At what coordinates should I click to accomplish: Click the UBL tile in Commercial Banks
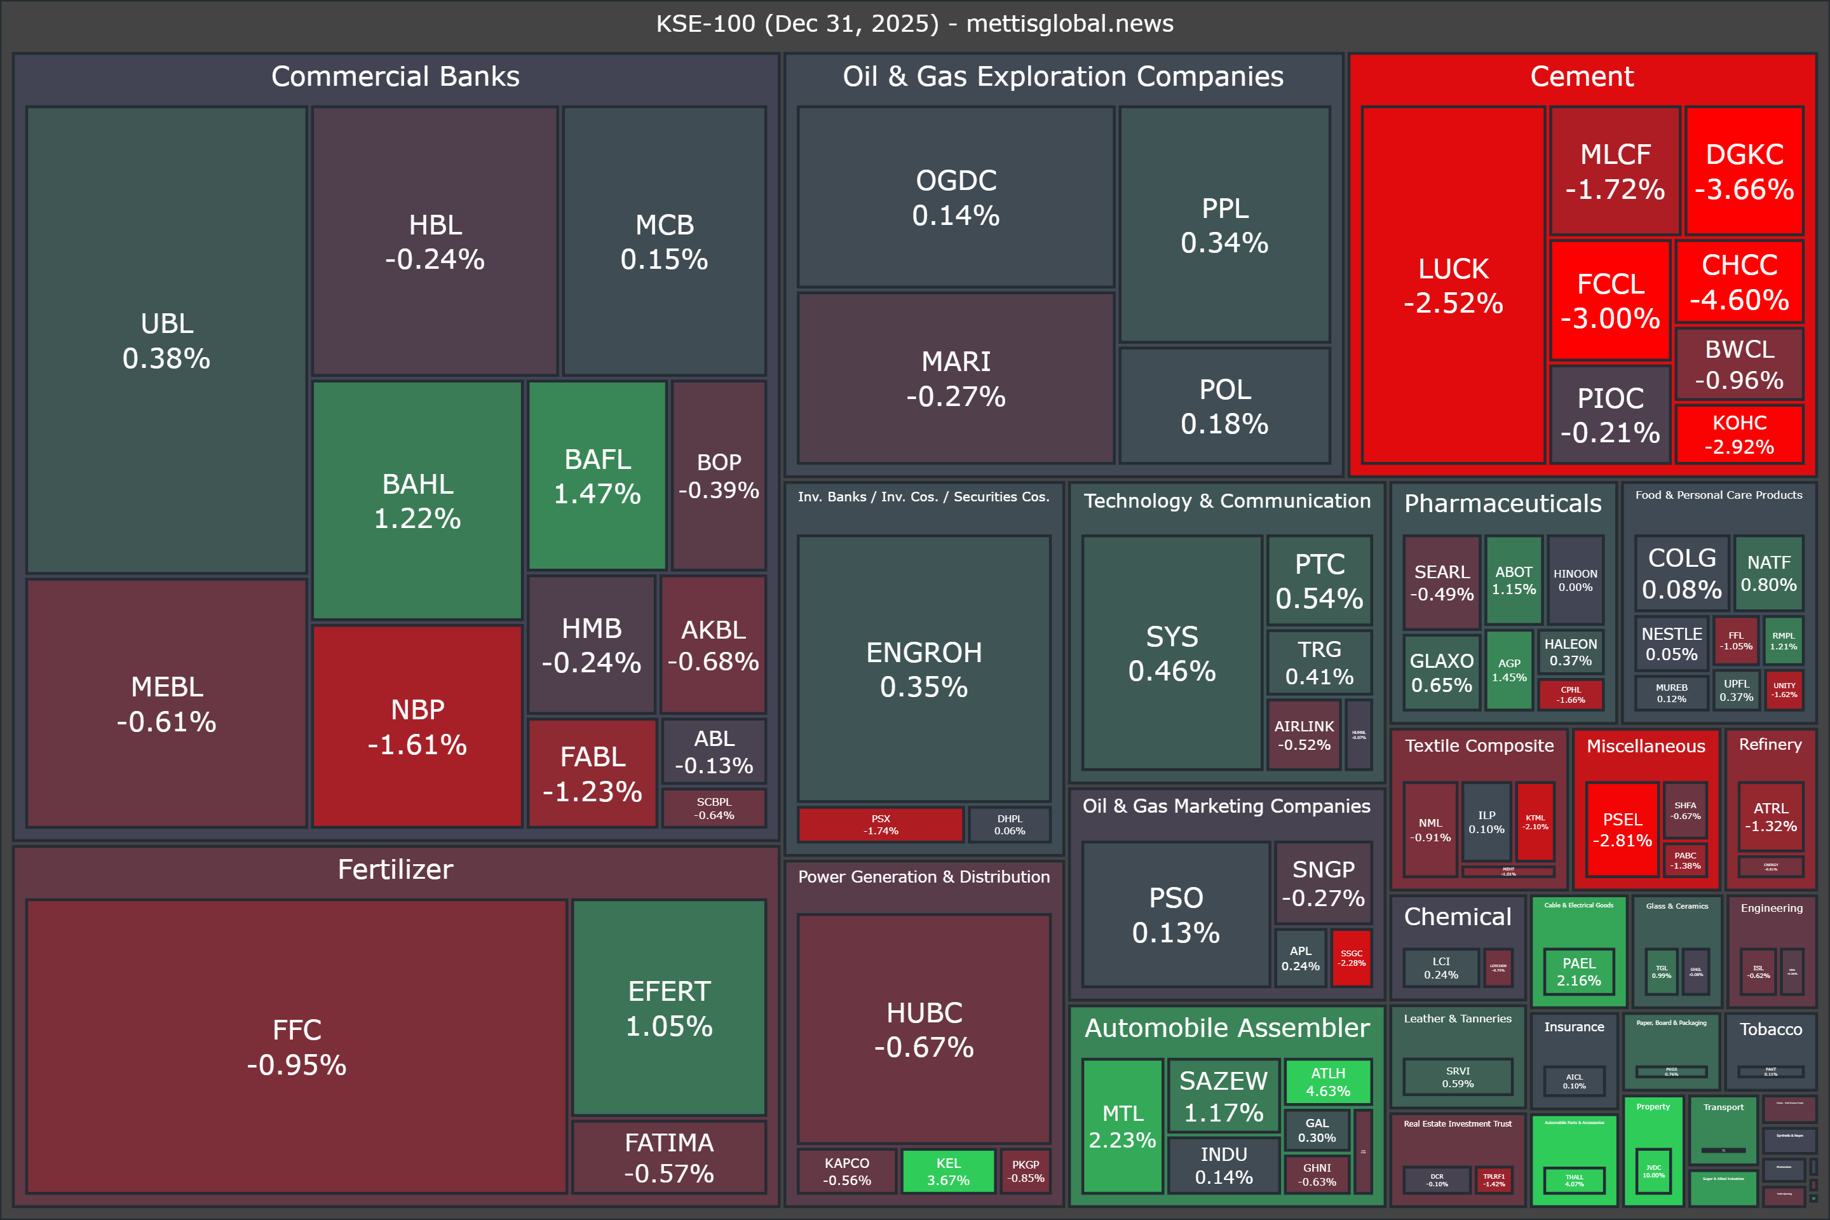[166, 340]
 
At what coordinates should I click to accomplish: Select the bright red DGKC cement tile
[1744, 171]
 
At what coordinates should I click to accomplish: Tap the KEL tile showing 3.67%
[947, 1171]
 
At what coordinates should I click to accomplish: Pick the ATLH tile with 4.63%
[1327, 1081]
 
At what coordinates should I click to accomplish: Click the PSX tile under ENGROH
[880, 825]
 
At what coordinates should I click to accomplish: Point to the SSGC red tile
[1351, 958]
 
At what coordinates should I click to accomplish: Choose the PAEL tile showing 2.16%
[1578, 972]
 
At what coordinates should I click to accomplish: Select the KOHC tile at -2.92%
[1739, 434]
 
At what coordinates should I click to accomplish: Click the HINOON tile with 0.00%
[1575, 579]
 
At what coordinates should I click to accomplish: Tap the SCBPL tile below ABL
[714, 808]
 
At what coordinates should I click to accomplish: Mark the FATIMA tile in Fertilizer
[669, 1157]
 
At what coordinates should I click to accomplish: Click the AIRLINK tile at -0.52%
[1304, 735]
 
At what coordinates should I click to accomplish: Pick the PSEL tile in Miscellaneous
[1622, 829]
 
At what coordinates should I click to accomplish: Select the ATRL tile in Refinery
[1770, 817]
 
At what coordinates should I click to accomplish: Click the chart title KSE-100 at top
[914, 24]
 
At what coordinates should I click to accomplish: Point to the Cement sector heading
[1581, 76]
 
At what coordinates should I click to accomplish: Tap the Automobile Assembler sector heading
[1226, 1028]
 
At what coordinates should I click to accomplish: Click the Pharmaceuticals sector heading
[1502, 503]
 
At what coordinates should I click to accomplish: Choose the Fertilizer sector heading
[395, 869]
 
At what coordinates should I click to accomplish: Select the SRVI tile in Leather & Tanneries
[1457, 1077]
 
